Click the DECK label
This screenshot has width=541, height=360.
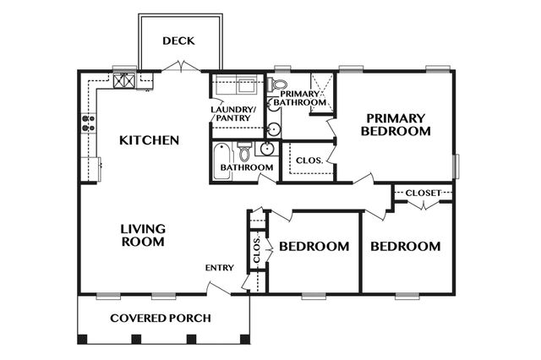tap(179, 41)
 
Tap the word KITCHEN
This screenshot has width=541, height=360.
tap(149, 140)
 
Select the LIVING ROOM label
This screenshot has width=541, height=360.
tap(142, 235)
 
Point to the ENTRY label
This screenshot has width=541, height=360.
tap(219, 269)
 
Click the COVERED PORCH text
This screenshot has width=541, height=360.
tap(161, 319)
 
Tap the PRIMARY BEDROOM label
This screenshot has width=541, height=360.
tap(396, 125)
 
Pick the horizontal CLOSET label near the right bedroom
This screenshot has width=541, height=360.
tap(423, 194)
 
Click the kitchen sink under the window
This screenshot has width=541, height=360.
tap(125, 81)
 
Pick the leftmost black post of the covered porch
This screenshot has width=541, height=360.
tap(82, 340)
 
